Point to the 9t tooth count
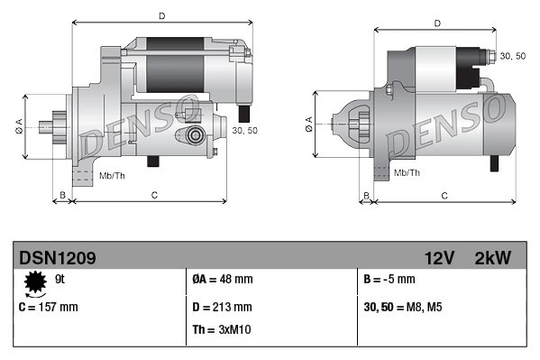[x=60, y=280]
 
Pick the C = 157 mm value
[x=49, y=307]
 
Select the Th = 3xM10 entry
[x=222, y=329]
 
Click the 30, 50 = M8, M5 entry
[x=402, y=307]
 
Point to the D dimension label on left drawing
[x=161, y=15]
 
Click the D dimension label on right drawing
[x=437, y=23]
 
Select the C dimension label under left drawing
[x=155, y=194]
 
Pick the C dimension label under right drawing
[x=444, y=195]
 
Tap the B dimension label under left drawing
[x=62, y=194]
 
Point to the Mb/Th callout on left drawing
[x=112, y=174]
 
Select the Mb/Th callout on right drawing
[x=407, y=171]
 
